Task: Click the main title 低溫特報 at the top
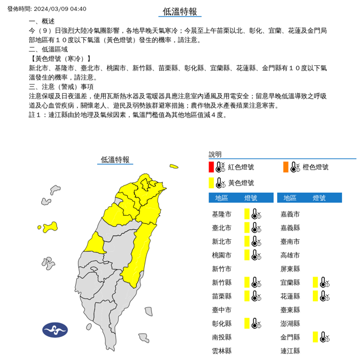(x=180, y=12)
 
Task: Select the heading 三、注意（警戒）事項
(x=61, y=87)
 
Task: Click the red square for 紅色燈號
(x=211, y=167)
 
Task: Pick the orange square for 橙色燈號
(x=285, y=167)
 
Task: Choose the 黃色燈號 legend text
(x=241, y=183)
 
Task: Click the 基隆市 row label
(x=222, y=214)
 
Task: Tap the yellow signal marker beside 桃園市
(x=248, y=255)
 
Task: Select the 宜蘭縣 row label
(x=290, y=283)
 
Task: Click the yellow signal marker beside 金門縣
(x=316, y=337)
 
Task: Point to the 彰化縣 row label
(x=222, y=324)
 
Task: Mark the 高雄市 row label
(x=290, y=255)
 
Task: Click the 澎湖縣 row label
(x=290, y=324)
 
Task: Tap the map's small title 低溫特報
(x=115, y=160)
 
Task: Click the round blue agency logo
(x=55, y=330)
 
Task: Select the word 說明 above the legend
(x=215, y=155)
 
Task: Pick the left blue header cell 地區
(x=222, y=198)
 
